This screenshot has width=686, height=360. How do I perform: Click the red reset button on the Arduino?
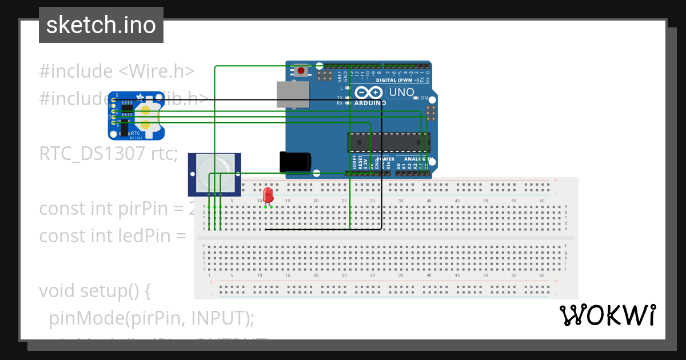click(x=301, y=71)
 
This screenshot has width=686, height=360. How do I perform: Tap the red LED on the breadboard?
click(x=267, y=194)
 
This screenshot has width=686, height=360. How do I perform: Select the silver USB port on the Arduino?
click(x=292, y=94)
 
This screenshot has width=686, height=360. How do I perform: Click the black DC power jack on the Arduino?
click(x=295, y=161)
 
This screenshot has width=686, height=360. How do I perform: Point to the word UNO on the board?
click(x=402, y=93)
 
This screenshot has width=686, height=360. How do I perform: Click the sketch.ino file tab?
click(x=101, y=25)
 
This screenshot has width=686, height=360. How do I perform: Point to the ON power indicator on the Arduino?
click(x=424, y=98)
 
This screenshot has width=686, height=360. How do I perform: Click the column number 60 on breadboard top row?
click(x=541, y=201)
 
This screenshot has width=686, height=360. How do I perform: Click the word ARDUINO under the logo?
click(x=370, y=103)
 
